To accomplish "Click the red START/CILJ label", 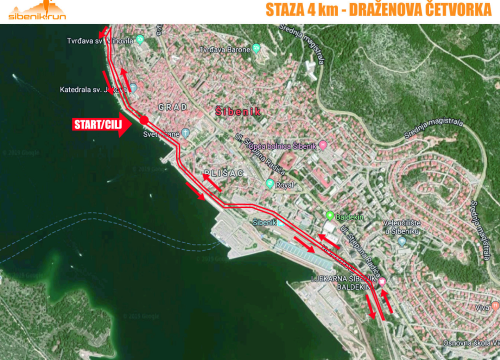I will coord(98,125).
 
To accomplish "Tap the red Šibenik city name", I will coord(239,112).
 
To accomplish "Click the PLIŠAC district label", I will coord(222,173).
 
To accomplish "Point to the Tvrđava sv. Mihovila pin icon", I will coord(140,40).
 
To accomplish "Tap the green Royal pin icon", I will coord(269,184).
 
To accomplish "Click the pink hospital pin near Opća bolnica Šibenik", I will coord(323,147).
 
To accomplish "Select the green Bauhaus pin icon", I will coord(329,216).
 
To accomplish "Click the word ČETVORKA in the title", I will coord(447,11).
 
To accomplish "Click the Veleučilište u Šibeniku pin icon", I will coord(401,229).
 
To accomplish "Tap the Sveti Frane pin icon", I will coord(185,131).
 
